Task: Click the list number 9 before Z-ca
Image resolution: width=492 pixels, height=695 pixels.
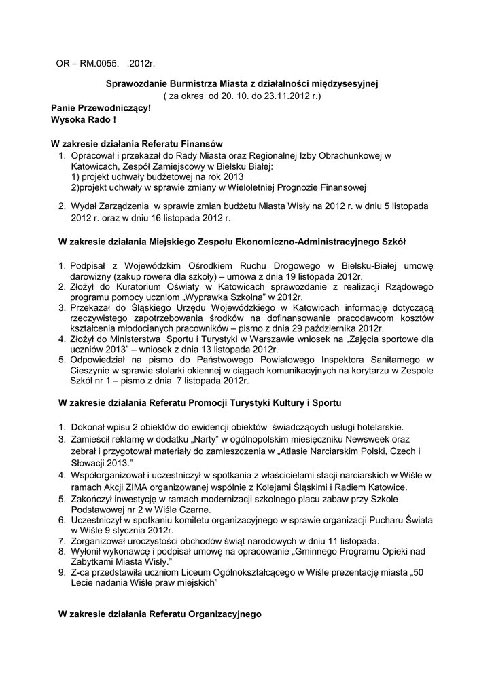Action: point(61,572)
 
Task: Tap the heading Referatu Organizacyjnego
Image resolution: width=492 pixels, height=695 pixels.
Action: point(160,614)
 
